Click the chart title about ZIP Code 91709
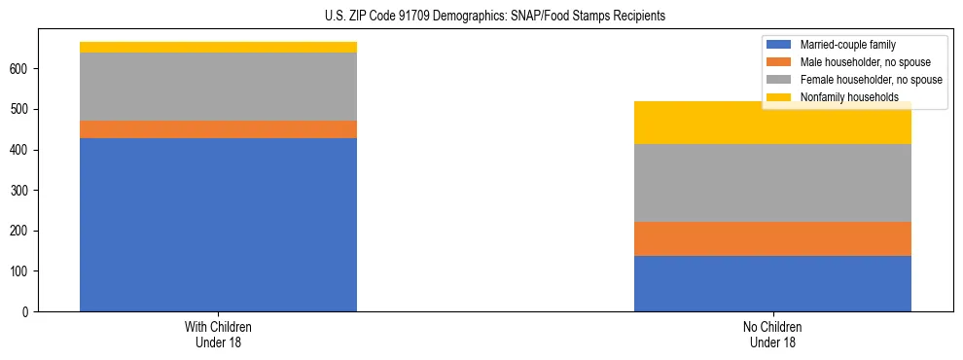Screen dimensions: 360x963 [x=495, y=17]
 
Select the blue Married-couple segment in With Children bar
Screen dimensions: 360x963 [x=218, y=224]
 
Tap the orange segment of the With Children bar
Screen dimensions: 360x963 [x=218, y=129]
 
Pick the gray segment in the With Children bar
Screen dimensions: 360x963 [x=218, y=87]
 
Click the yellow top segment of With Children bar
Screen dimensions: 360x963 [x=218, y=47]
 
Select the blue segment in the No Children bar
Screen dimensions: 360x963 [x=772, y=283]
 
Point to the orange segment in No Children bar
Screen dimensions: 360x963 [x=772, y=238]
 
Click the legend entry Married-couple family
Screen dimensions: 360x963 [x=847, y=45]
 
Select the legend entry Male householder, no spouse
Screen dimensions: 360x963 [x=865, y=62]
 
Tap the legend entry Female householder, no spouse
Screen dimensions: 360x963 [x=871, y=80]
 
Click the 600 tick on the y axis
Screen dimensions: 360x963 [x=23, y=69]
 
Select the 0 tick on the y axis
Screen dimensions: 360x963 [x=29, y=311]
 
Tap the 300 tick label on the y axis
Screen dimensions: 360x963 [x=23, y=191]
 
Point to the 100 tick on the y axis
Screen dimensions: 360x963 [x=23, y=271]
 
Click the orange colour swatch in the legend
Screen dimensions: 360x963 [x=779, y=62]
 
